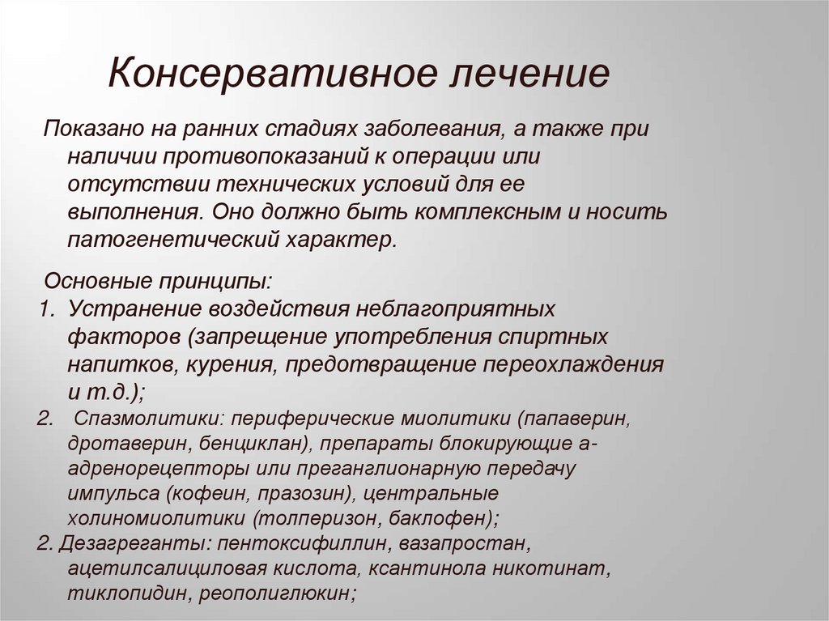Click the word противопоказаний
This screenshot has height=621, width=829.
tap(319, 156)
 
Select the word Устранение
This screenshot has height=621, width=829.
tap(135, 309)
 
